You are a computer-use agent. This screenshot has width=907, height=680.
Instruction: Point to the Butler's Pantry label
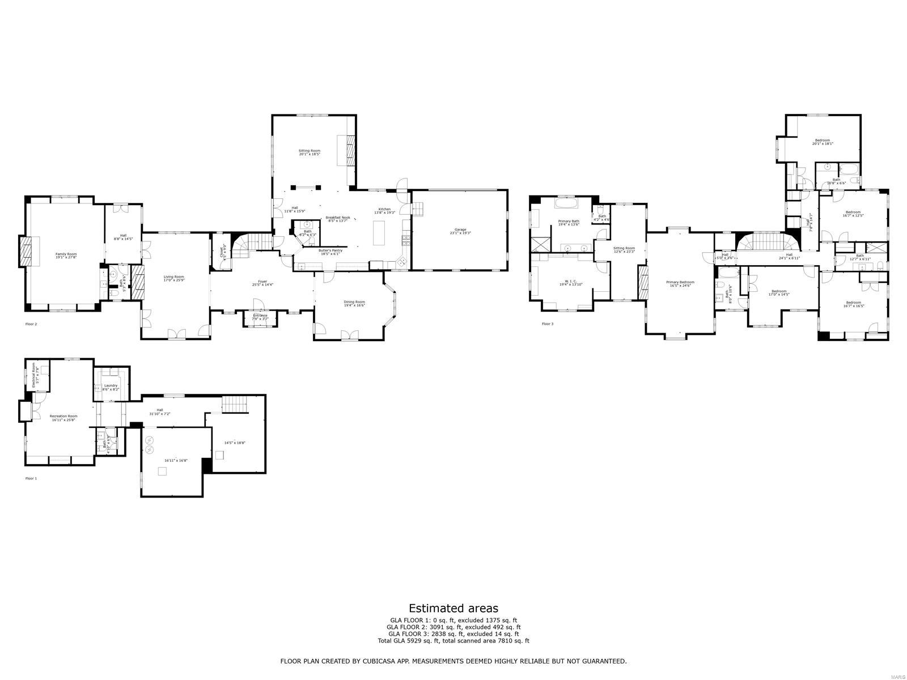pyautogui.click(x=330, y=252)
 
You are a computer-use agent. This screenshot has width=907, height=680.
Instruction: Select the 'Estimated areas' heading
pyautogui.click(x=453, y=609)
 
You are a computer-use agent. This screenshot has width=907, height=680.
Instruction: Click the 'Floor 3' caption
pyautogui.click(x=547, y=324)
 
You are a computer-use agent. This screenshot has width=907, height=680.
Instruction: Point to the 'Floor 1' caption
pyautogui.click(x=31, y=478)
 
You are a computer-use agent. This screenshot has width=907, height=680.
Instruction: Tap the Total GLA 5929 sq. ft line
pyautogui.click(x=453, y=641)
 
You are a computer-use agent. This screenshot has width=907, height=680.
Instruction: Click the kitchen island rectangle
pyautogui.click(x=379, y=232)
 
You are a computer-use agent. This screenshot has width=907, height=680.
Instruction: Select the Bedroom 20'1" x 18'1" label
pyautogui.click(x=823, y=142)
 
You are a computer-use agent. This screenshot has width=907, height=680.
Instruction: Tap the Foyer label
pyautogui.click(x=262, y=283)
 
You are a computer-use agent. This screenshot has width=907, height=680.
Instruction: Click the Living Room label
pyautogui.click(x=175, y=278)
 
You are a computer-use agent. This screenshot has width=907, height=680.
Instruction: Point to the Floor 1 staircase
pyautogui.click(x=235, y=405)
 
